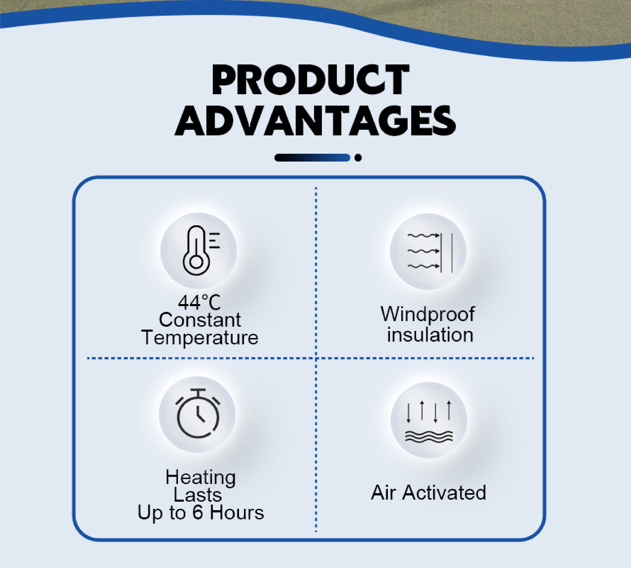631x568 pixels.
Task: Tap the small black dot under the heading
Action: [358, 158]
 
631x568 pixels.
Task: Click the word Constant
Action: [200, 320]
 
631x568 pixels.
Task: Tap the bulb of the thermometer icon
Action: [196, 262]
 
